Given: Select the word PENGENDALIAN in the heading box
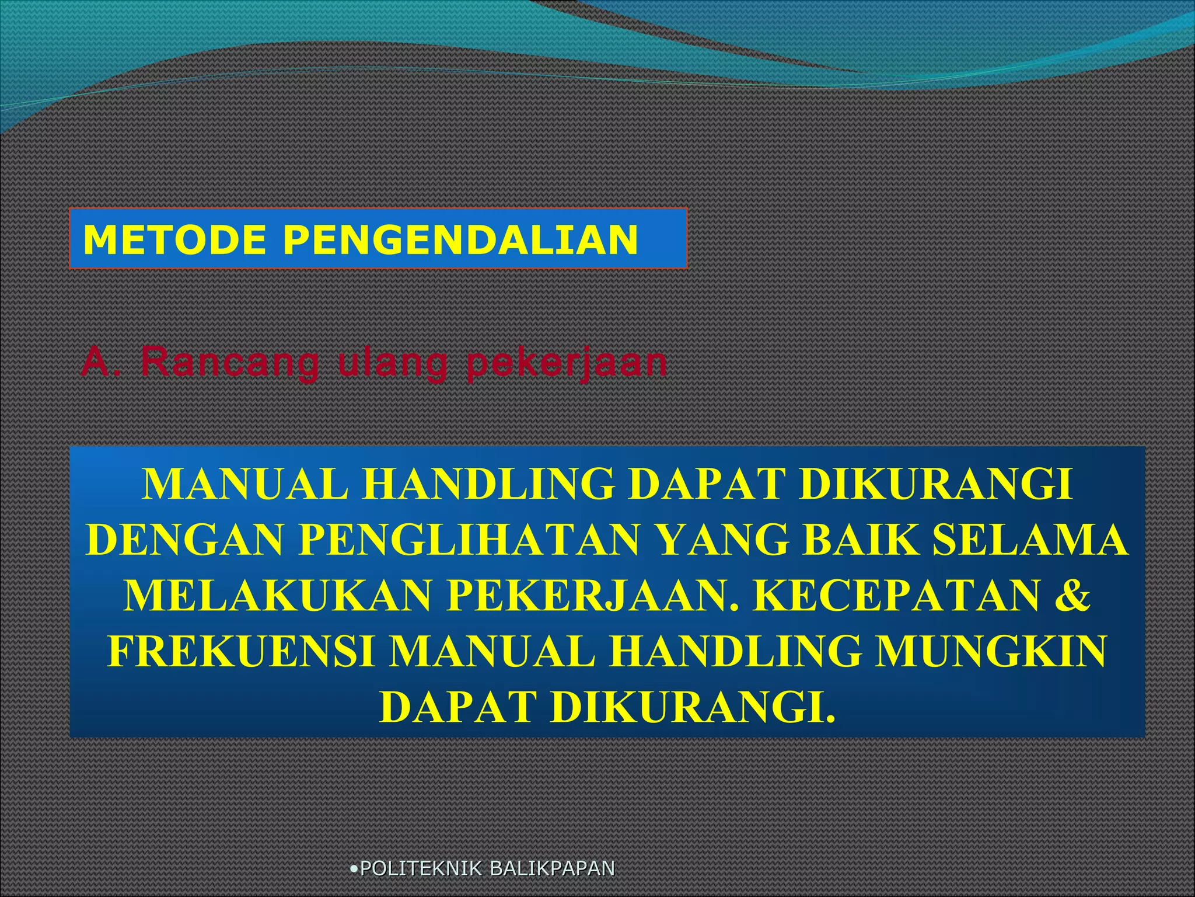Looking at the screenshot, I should coord(460,239).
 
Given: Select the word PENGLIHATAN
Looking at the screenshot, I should coord(470,540).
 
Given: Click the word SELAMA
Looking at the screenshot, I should coord(1029,540).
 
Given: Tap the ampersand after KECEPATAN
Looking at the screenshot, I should coord(1071,595).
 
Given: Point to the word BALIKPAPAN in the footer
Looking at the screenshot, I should coord(552,868).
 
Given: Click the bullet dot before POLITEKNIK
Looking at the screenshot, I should coord(354,868).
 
